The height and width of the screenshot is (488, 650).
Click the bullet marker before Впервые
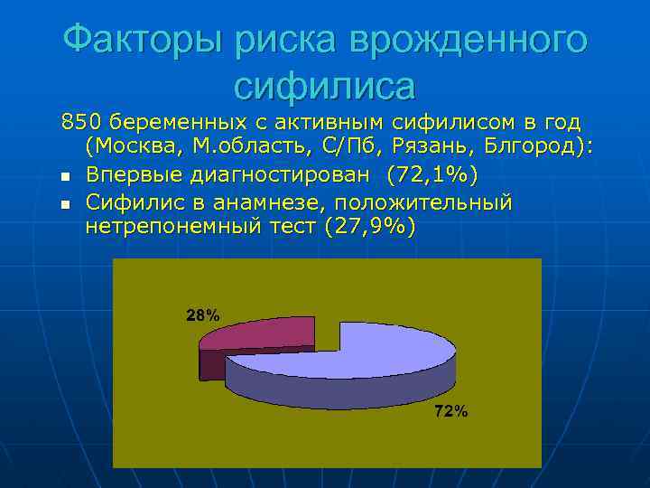tap(66, 175)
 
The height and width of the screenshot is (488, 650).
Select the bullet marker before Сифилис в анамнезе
tap(66, 202)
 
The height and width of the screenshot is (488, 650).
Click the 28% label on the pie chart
tap(202, 315)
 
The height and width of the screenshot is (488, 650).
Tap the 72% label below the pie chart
tap(451, 412)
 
